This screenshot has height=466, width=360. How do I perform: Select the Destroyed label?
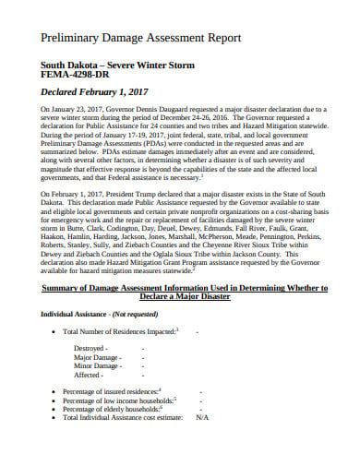click(x=92, y=349)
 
